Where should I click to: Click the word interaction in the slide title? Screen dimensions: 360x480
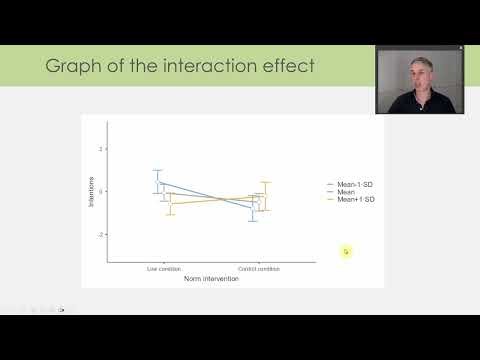pyautogui.click(x=199, y=67)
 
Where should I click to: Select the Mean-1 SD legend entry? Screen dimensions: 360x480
pyautogui.click(x=355, y=185)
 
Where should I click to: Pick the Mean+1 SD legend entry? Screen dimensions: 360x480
pyautogui.click(x=355, y=200)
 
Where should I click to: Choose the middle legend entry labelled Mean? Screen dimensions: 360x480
pyautogui.click(x=348, y=193)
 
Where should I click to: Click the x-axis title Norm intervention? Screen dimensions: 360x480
pyautogui.click(x=211, y=278)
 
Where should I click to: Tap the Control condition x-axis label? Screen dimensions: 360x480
pyautogui.click(x=259, y=269)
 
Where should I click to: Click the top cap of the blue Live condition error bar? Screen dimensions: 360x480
pyautogui.click(x=157, y=170)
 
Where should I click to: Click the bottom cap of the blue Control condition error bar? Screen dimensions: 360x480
pyautogui.click(x=254, y=220)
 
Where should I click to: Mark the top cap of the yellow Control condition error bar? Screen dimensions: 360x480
pyautogui.click(x=265, y=182)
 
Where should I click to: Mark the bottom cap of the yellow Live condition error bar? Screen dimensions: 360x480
pyautogui.click(x=170, y=214)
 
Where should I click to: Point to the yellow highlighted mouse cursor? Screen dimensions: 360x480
pyautogui.click(x=346, y=251)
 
